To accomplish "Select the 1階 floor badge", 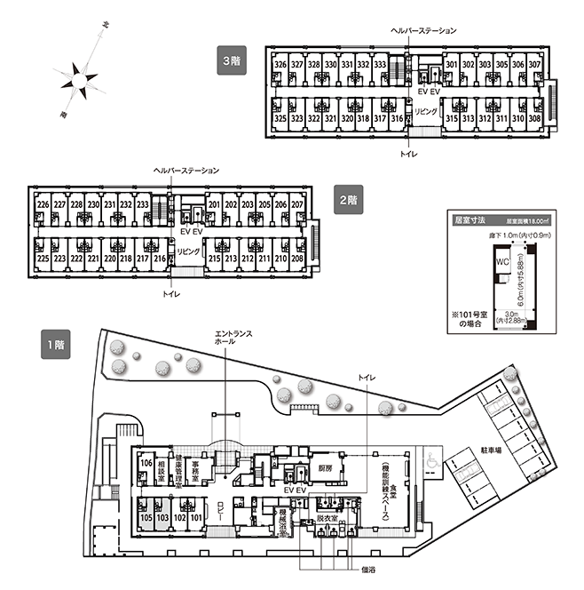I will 51,342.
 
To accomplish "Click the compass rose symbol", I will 80,80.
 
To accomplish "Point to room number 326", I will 280,65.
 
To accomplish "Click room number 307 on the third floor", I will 534,65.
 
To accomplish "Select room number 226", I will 43,205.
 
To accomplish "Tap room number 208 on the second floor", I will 298,259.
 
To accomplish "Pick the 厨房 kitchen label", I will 324,467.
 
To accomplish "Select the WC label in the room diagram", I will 501,261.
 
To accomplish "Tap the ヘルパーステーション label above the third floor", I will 423,30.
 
